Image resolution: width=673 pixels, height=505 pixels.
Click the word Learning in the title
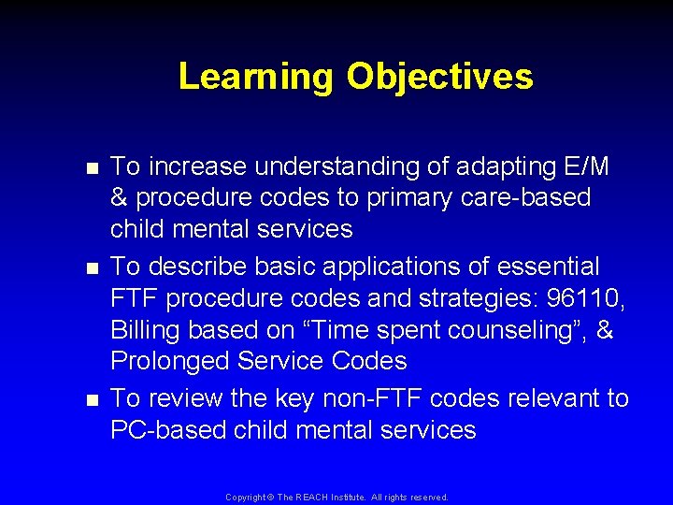pyautogui.click(x=255, y=77)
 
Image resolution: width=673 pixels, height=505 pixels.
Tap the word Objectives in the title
pyautogui.click(x=440, y=77)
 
